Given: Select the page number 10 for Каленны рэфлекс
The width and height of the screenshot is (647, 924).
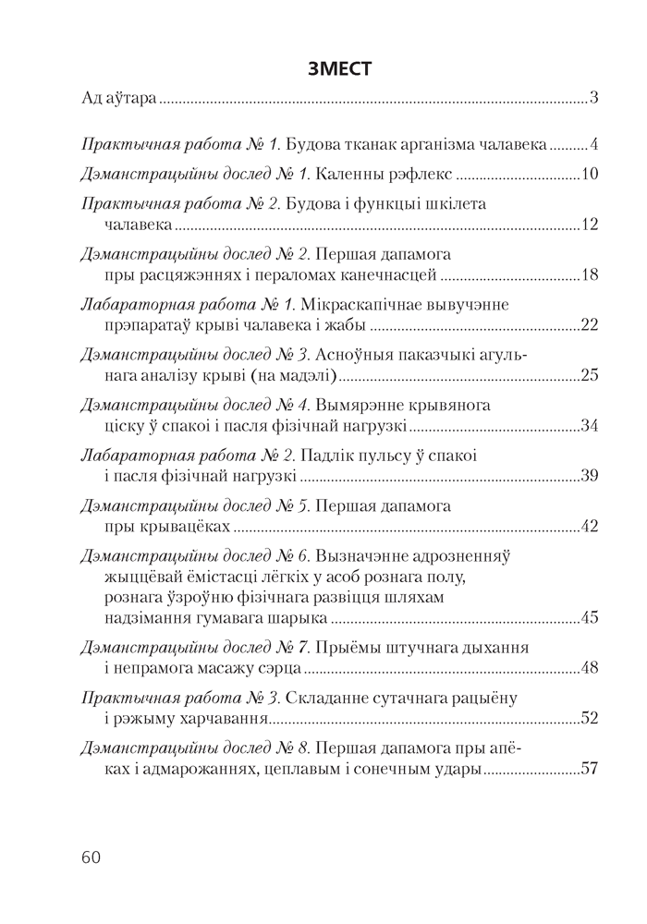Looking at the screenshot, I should (592, 174).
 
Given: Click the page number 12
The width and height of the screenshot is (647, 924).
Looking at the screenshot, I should (592, 225).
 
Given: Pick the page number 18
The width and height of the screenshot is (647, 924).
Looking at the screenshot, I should (592, 275).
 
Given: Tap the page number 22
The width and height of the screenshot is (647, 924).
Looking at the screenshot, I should (592, 325).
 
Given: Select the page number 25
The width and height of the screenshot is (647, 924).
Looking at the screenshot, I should (592, 376).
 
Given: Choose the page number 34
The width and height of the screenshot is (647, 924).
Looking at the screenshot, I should (592, 426).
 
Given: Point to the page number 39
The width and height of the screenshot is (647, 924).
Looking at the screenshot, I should (592, 477).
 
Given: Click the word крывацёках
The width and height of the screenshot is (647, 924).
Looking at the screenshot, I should (184, 528).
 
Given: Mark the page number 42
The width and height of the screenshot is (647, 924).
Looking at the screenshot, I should (592, 528).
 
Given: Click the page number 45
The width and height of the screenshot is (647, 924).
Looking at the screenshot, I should (592, 618).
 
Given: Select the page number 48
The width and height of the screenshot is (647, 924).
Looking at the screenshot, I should (592, 667).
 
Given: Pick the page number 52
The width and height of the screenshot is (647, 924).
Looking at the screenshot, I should (592, 718).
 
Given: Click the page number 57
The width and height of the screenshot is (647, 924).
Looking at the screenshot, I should (592, 768).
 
